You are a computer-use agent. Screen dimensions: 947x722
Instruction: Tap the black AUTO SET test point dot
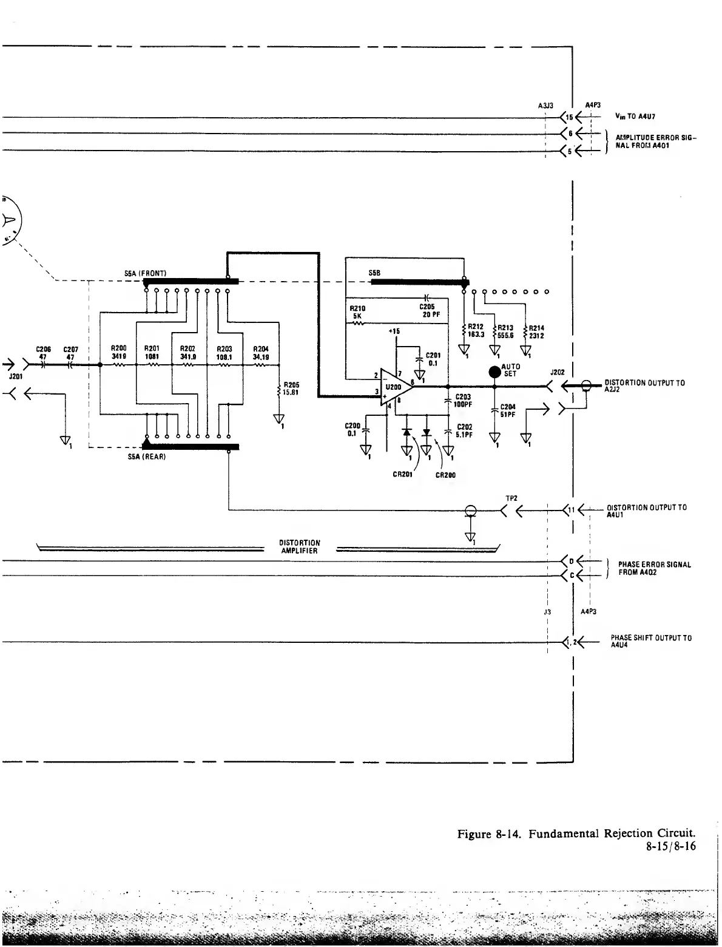tap(495, 371)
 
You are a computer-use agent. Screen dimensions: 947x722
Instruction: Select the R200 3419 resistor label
tap(118, 352)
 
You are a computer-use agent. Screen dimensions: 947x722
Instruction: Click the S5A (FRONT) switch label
tap(146, 273)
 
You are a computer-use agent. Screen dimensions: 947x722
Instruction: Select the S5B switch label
tap(374, 273)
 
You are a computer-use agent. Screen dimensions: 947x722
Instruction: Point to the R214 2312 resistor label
tap(536, 331)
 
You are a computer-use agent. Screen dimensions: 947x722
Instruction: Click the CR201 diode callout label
tap(403, 475)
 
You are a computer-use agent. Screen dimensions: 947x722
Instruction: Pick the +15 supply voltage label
tap(394, 331)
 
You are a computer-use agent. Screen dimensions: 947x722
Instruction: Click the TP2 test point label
tap(511, 498)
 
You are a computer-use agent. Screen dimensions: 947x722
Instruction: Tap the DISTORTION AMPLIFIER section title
tap(300, 546)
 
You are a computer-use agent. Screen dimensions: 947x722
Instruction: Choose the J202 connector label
tap(557, 372)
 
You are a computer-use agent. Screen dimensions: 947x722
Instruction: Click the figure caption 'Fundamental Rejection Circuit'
tap(612, 833)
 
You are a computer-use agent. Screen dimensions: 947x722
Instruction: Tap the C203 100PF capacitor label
tap(464, 401)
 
